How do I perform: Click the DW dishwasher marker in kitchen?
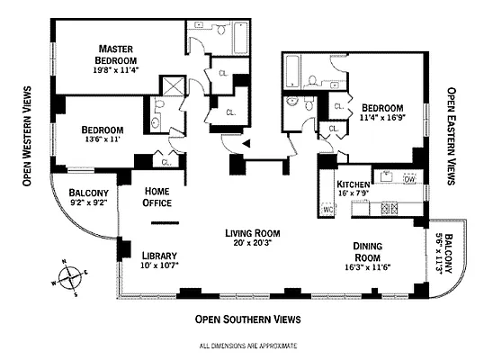pyautogui.click(x=409, y=179)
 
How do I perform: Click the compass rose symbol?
pyautogui.click(x=71, y=276)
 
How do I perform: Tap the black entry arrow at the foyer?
pyautogui.click(x=246, y=146)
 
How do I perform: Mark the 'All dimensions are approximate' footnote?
pyautogui.click(x=247, y=346)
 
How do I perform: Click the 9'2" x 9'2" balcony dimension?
pyautogui.click(x=88, y=203)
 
